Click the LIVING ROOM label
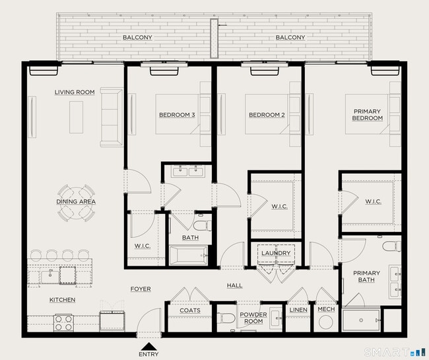coord(74,92)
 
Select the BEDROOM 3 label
coord(177,115)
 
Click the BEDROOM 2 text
coord(267,115)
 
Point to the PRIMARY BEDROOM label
coord(368,115)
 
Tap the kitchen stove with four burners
coord(63,323)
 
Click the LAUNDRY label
coord(275,253)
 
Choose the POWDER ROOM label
coord(253,318)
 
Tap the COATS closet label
coord(189,310)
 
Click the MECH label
coord(326,309)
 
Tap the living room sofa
coord(112,118)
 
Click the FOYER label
coord(141,289)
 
